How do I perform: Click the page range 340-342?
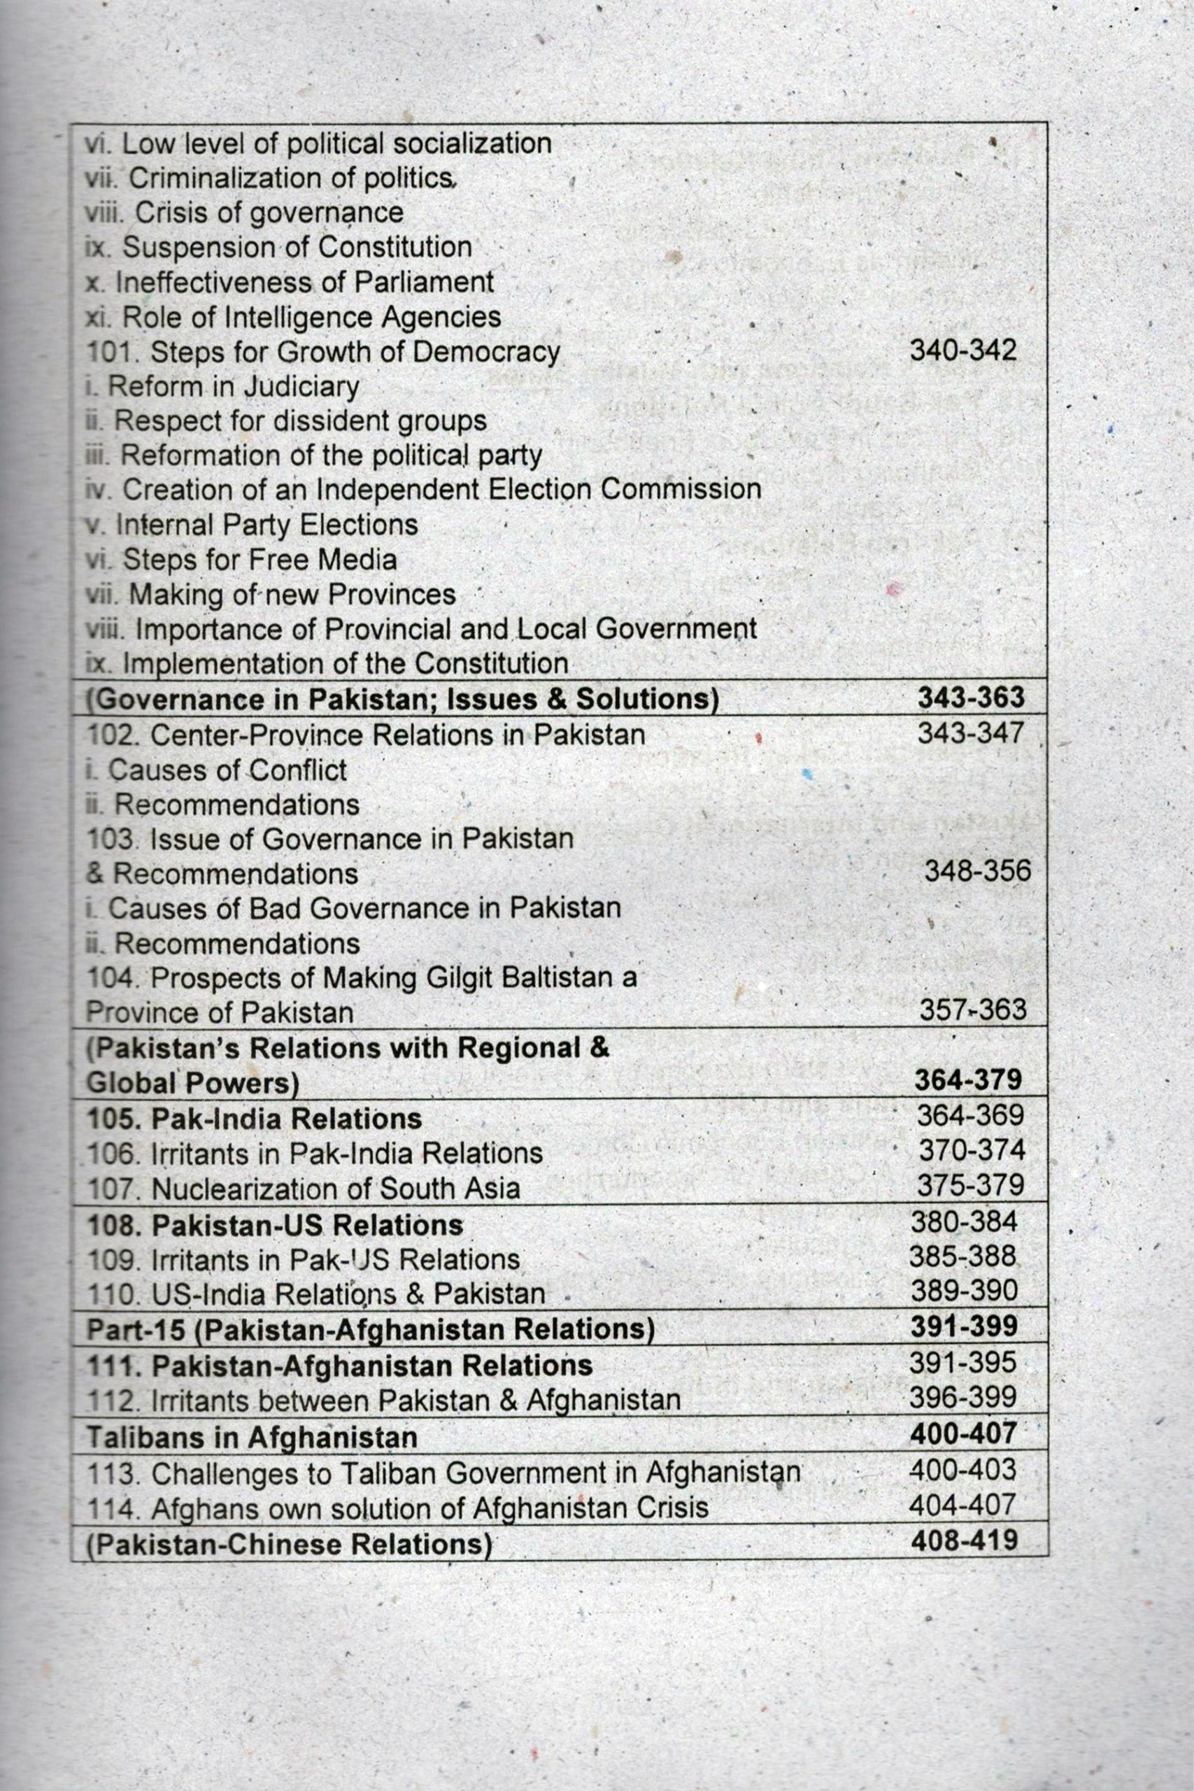963,351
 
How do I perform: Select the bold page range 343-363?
971,698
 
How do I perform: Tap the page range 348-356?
978,871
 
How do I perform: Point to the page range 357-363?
972,1010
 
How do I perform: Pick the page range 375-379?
970,1186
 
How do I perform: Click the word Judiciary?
301,388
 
